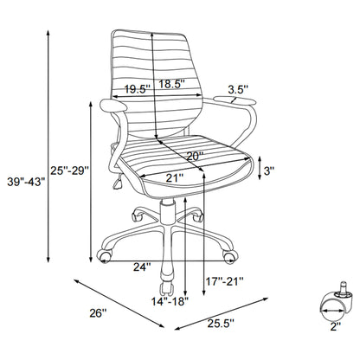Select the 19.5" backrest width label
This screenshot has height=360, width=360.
pyautogui.click(x=133, y=87)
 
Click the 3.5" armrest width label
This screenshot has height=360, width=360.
pyautogui.click(x=239, y=87)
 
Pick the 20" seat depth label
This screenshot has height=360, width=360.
pyautogui.click(x=196, y=156)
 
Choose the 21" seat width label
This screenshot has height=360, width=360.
pyautogui.click(x=176, y=177)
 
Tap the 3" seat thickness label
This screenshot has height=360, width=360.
pyautogui.click(x=269, y=170)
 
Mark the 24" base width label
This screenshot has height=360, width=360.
pyautogui.click(x=141, y=266)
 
